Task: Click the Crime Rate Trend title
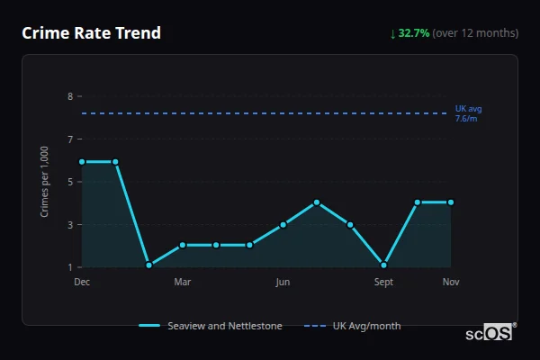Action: (91, 33)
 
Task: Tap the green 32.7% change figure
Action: (414, 33)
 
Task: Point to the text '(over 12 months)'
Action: (475, 33)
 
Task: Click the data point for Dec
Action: (82, 162)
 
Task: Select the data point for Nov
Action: (451, 202)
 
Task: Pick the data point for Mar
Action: (183, 245)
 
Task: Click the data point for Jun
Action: (283, 224)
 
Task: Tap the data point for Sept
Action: (384, 265)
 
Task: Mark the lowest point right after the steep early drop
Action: (148, 265)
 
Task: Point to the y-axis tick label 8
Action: (69, 96)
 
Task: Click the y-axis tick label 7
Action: (69, 139)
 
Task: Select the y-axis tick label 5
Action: (69, 182)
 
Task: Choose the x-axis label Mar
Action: (183, 283)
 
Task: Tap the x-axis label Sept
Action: (384, 283)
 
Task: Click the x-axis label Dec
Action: (82, 283)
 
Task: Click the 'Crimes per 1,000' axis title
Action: (45, 182)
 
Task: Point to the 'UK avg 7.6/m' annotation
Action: (468, 113)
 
